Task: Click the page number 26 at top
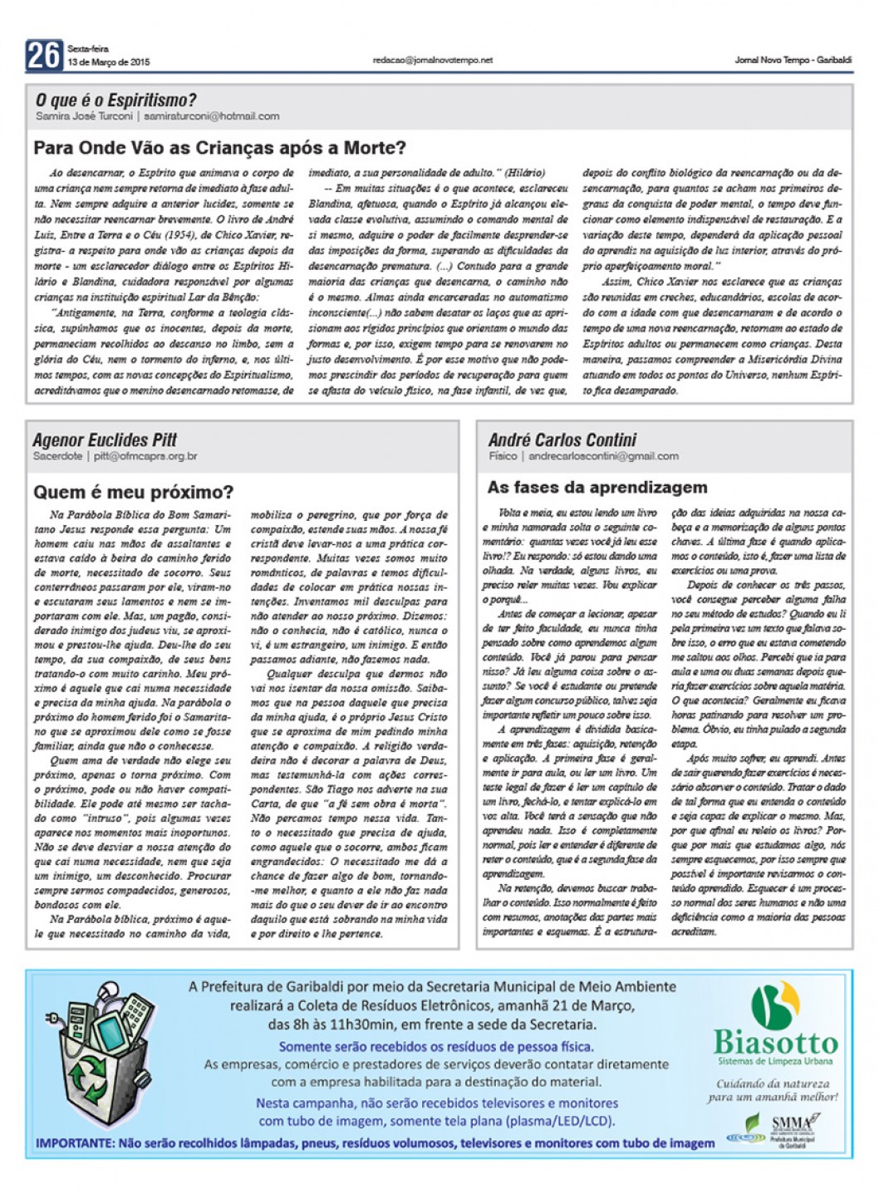pyautogui.click(x=44, y=56)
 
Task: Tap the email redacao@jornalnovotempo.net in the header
pyautogui.click(x=433, y=60)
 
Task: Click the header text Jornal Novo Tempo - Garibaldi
pyautogui.click(x=793, y=60)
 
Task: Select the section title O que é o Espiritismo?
pyautogui.click(x=115, y=101)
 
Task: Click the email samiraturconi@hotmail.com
pyautogui.click(x=211, y=116)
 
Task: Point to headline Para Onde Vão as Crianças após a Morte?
pyautogui.click(x=219, y=148)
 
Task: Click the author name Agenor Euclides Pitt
pyautogui.click(x=105, y=440)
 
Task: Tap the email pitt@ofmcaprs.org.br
pyautogui.click(x=145, y=456)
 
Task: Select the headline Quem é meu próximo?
pyautogui.click(x=134, y=492)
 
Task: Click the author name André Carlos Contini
pyautogui.click(x=562, y=440)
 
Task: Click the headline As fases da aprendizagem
pyautogui.click(x=597, y=487)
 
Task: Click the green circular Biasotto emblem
pyautogui.click(x=775, y=1003)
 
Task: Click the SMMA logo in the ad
pyautogui.click(x=790, y=1123)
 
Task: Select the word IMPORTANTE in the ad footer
pyautogui.click(x=74, y=1143)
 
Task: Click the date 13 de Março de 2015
pyautogui.click(x=109, y=62)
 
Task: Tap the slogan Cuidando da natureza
pyautogui.click(x=773, y=1084)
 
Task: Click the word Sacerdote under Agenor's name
pyautogui.click(x=57, y=456)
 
